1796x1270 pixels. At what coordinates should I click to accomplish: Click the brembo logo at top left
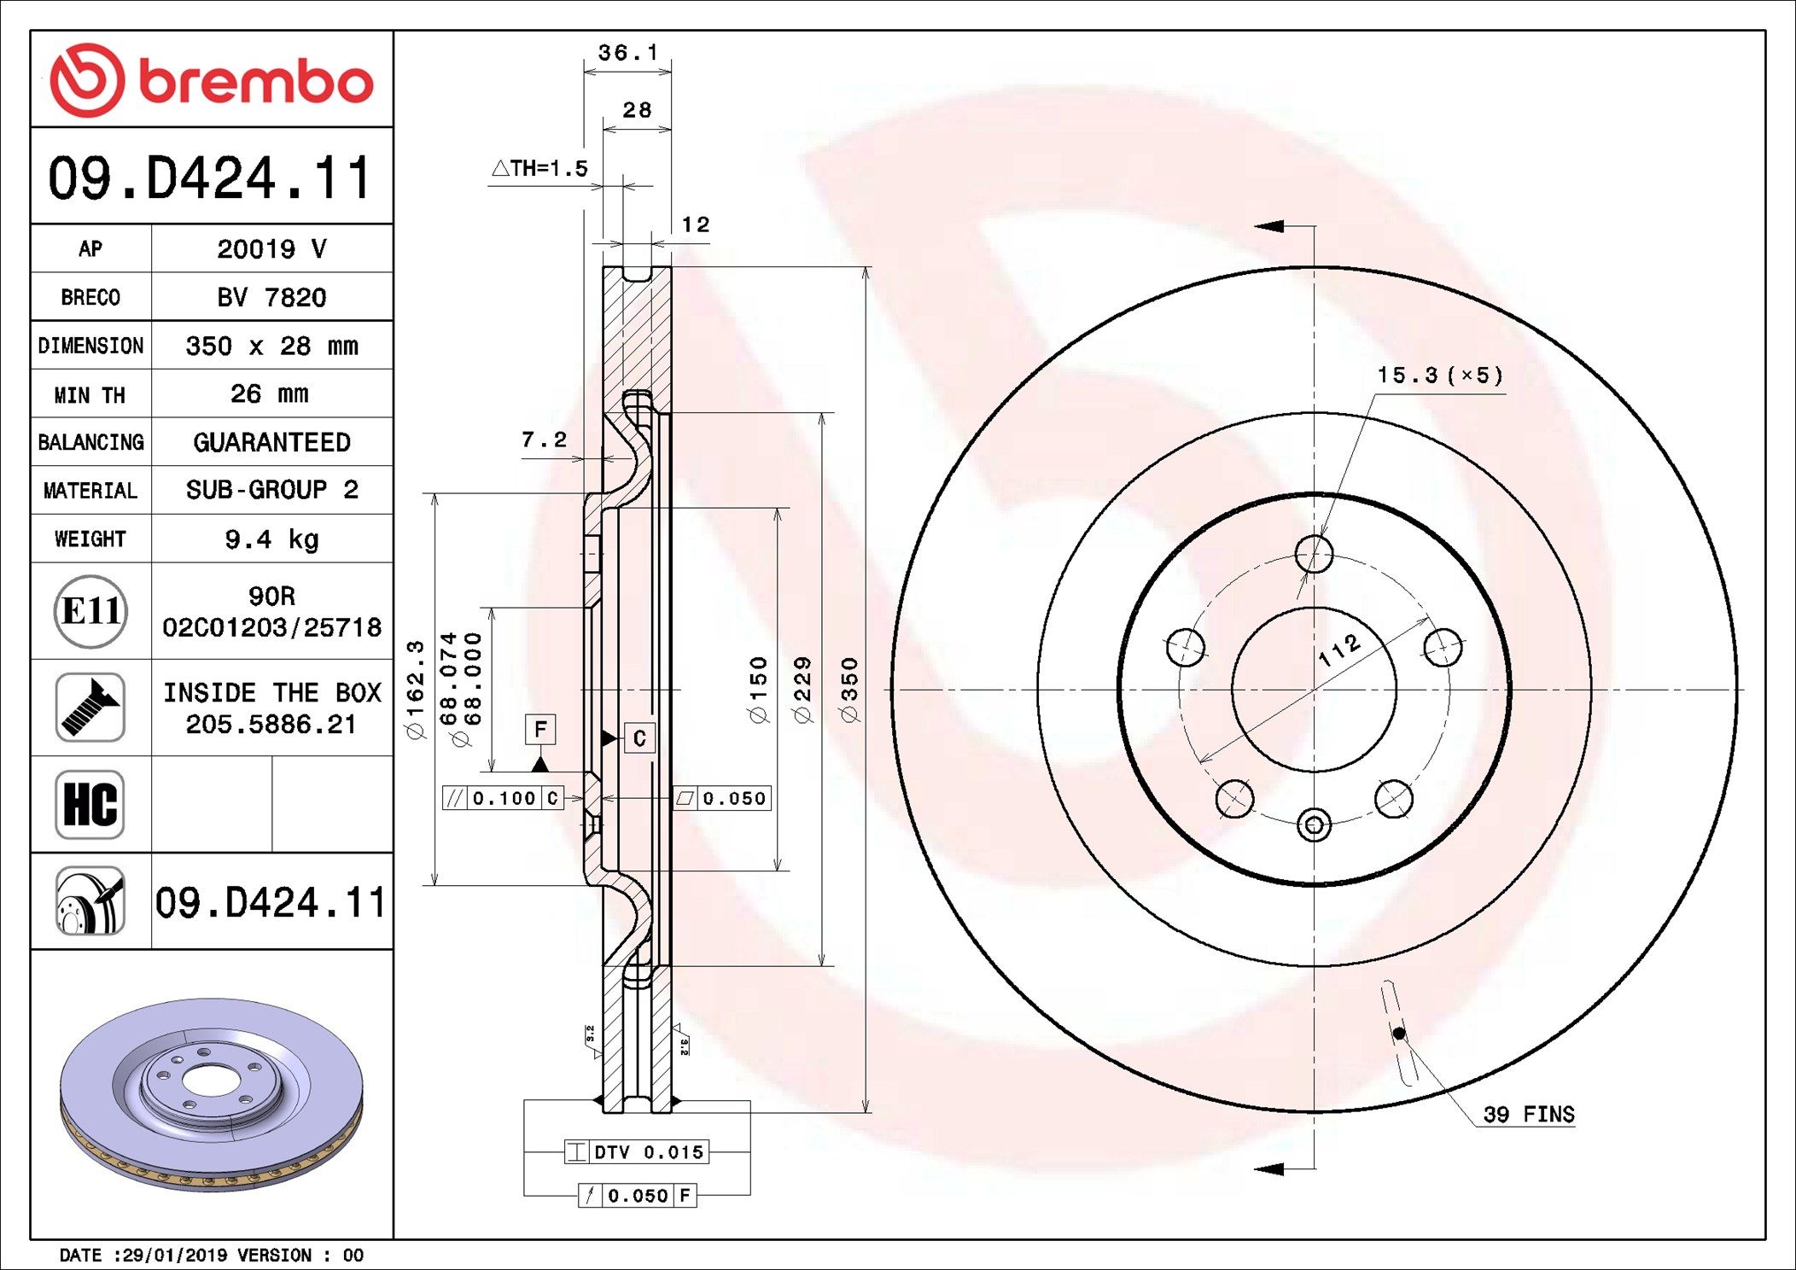(x=211, y=80)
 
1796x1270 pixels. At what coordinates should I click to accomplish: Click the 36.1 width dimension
(x=627, y=53)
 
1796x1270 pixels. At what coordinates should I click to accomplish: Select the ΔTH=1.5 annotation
(x=540, y=168)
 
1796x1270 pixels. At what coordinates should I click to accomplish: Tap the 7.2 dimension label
(x=544, y=440)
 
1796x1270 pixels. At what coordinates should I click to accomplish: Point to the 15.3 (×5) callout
(x=1439, y=376)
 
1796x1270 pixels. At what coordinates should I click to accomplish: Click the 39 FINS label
(x=1528, y=1115)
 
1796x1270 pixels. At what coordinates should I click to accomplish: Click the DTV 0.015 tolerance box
(x=637, y=1152)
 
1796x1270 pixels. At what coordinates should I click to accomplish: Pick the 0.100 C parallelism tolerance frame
(x=504, y=798)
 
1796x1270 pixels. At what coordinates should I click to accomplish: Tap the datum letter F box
(x=539, y=730)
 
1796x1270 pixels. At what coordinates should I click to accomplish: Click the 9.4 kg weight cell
(x=271, y=539)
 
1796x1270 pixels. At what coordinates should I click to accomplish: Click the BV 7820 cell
(x=271, y=297)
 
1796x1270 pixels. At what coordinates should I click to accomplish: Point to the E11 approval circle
(x=90, y=611)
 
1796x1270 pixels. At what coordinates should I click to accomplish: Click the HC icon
(x=90, y=804)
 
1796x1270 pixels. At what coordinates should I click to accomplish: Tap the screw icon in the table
(x=90, y=707)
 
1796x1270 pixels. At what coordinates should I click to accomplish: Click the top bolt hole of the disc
(x=1313, y=555)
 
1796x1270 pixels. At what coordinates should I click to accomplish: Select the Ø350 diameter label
(x=849, y=690)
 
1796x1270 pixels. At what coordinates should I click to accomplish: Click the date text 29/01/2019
(x=175, y=1255)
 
